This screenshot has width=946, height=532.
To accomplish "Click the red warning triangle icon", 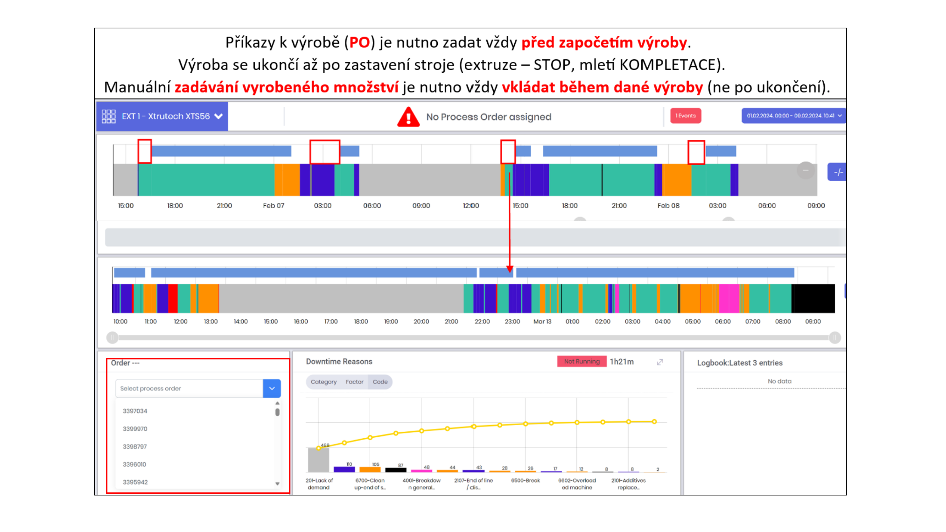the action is [x=408, y=117].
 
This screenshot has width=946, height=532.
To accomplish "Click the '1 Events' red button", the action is [x=685, y=116].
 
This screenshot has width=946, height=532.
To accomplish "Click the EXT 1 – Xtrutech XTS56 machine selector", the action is [x=162, y=116].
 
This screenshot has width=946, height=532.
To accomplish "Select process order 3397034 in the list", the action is [x=135, y=411].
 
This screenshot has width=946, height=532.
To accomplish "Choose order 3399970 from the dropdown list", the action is [x=135, y=428].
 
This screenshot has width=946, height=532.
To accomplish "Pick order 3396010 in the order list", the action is [x=134, y=464].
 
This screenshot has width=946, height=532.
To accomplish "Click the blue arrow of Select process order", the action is [x=272, y=388].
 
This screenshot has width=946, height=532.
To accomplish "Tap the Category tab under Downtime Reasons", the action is [x=323, y=382].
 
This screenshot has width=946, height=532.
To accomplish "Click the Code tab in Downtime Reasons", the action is [x=380, y=382].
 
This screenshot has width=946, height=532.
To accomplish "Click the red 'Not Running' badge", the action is [x=582, y=361].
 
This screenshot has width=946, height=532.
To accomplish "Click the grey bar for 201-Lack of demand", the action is [x=318, y=460].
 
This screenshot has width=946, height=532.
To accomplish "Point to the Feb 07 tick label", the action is [x=273, y=206].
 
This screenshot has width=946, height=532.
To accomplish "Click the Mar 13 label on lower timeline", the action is [x=542, y=321].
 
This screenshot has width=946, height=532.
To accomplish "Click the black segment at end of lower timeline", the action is [x=813, y=299].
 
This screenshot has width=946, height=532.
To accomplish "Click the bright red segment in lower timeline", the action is [x=173, y=299].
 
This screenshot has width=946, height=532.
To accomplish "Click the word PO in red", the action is [x=359, y=43].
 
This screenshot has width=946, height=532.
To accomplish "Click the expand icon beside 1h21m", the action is [x=660, y=362].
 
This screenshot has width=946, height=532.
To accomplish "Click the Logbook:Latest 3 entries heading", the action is [x=740, y=363].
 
